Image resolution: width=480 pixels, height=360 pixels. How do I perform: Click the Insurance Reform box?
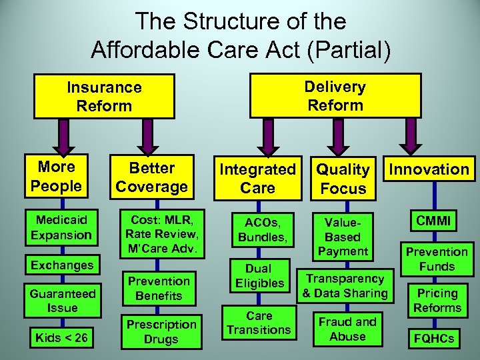[104, 96]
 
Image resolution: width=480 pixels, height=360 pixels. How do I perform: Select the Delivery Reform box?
[335, 95]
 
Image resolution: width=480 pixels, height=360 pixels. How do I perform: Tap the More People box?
[56, 176]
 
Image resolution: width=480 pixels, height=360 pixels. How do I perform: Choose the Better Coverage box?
[153, 177]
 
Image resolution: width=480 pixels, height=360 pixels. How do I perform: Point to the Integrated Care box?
[258, 179]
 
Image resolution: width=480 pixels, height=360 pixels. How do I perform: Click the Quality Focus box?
[343, 179]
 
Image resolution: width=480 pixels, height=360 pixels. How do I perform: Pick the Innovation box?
[429, 169]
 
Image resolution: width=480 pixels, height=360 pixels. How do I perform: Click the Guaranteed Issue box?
[63, 300]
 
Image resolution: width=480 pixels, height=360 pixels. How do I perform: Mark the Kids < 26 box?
[62, 338]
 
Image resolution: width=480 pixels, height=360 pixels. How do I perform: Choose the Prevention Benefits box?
[159, 288]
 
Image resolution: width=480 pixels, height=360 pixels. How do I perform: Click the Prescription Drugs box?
[161, 331]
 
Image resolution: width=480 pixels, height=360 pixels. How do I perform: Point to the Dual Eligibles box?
[259, 275]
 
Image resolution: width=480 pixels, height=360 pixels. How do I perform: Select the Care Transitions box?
[259, 322]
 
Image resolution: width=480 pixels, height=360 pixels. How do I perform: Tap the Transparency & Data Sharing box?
[345, 285]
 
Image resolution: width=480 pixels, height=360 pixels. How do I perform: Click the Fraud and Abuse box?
[347, 329]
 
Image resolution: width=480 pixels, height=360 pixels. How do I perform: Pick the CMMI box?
[434, 220]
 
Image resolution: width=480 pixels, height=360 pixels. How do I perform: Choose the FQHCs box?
[434, 338]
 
